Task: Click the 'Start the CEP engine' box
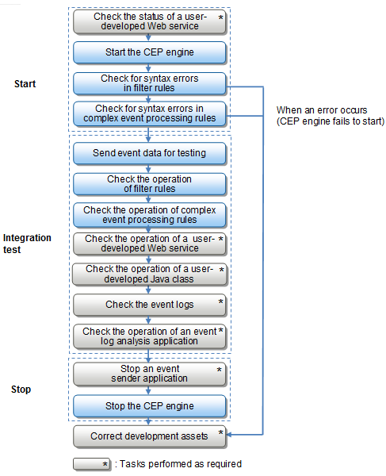click(x=150, y=52)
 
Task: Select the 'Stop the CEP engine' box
click(x=150, y=406)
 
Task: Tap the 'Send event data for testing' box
click(x=150, y=153)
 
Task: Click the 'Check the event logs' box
click(x=150, y=305)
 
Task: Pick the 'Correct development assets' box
click(x=150, y=436)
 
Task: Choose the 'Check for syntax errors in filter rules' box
click(x=150, y=83)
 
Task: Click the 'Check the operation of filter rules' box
click(x=150, y=184)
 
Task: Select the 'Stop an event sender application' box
click(x=150, y=374)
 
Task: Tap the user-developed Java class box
click(x=150, y=274)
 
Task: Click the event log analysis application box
click(x=150, y=336)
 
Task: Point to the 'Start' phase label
click(x=25, y=84)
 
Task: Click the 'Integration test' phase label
click(x=27, y=244)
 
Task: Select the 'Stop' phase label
click(x=21, y=390)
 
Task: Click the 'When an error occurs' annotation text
click(x=322, y=110)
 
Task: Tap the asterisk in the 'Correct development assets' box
click(x=221, y=432)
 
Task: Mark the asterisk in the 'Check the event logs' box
click(x=221, y=301)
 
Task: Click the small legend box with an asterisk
click(x=92, y=464)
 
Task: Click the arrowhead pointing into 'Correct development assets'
click(x=229, y=435)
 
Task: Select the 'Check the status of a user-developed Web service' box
click(x=150, y=21)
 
